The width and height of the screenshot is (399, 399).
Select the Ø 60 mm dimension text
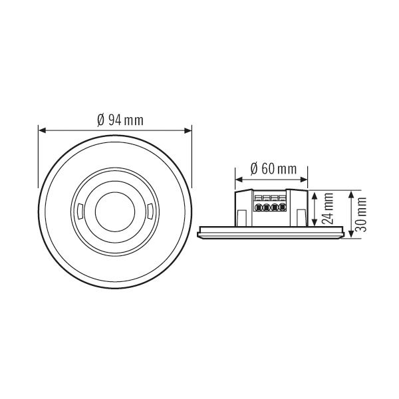click(x=273, y=169)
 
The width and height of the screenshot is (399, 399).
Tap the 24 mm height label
click(x=328, y=209)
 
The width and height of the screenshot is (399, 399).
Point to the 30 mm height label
click(x=360, y=213)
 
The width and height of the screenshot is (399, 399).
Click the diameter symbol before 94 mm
click(x=100, y=120)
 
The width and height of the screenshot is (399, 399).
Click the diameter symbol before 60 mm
click(x=254, y=169)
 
